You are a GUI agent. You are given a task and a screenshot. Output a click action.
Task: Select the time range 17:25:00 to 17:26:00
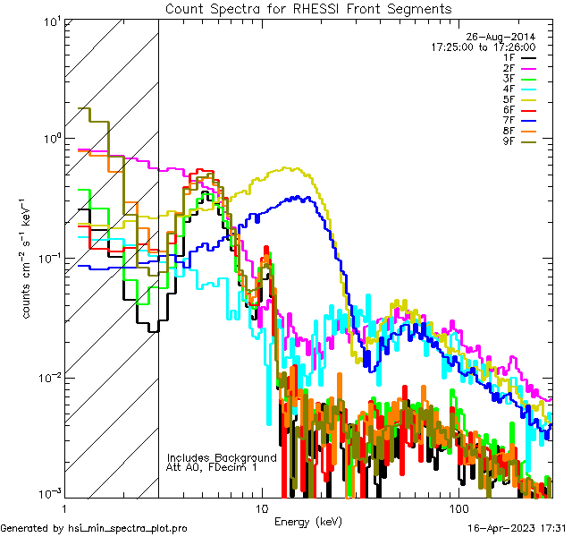(483, 47)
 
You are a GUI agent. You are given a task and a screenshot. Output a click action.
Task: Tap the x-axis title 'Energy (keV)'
(308, 521)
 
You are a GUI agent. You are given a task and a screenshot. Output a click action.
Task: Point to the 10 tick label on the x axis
(261, 507)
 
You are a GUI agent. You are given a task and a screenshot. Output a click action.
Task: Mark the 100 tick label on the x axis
(458, 507)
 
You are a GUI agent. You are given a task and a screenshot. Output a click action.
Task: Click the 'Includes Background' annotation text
(222, 457)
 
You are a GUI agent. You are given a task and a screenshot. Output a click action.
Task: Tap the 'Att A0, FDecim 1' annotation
(212, 467)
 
